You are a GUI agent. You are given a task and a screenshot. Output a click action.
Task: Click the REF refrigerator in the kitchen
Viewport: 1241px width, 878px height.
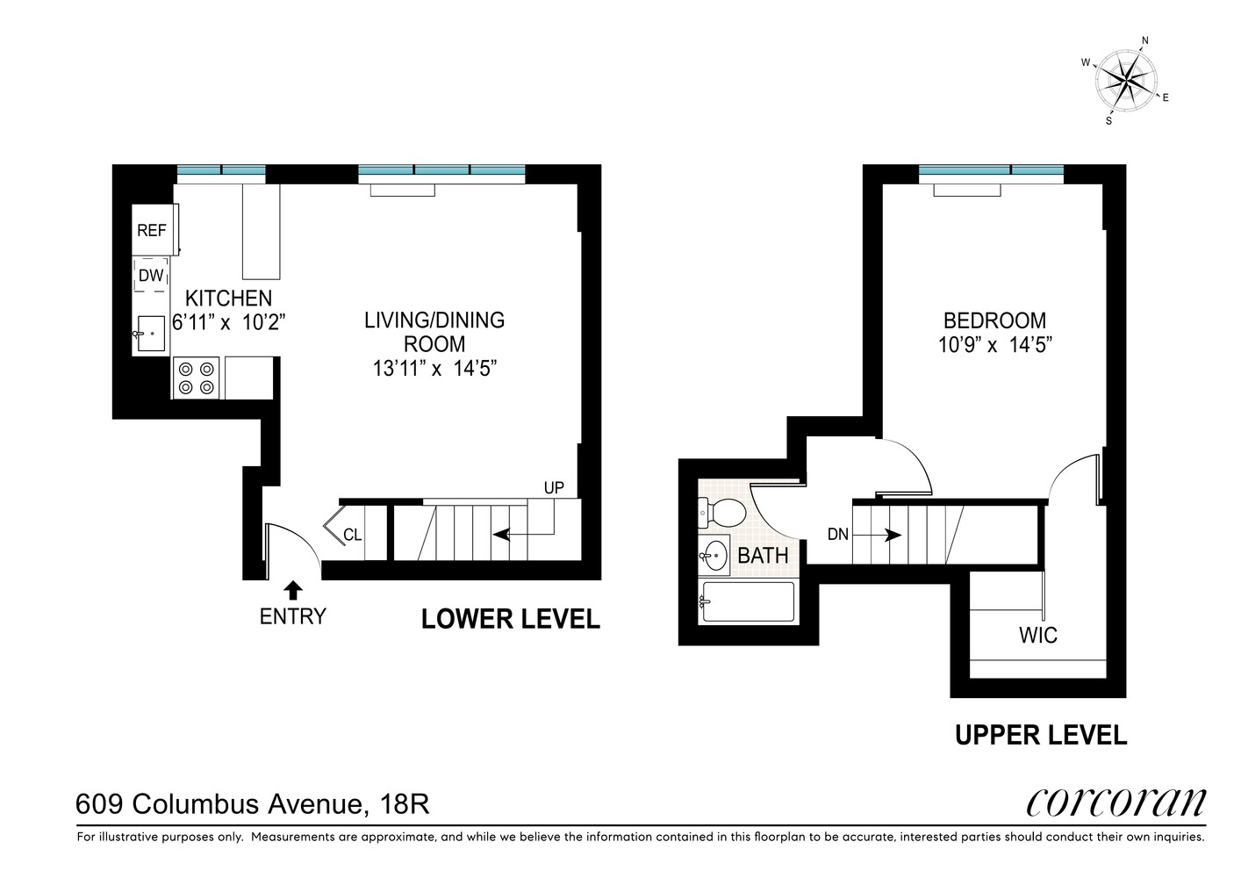tap(153, 230)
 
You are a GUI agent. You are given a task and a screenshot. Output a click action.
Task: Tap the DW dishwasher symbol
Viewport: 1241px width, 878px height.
tap(151, 276)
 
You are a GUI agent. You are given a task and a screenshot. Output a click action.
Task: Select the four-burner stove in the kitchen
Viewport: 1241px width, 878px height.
tap(197, 378)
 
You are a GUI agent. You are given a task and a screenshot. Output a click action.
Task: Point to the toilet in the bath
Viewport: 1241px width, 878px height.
tap(721, 512)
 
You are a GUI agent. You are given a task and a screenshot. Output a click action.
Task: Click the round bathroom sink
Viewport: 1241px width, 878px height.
tap(715, 555)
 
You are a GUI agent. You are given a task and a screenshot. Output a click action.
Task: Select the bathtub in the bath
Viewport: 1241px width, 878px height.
tap(747, 602)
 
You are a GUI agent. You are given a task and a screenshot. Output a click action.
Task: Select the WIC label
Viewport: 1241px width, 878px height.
tap(1037, 634)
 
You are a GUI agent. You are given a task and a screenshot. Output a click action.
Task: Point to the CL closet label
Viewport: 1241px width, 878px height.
tap(352, 534)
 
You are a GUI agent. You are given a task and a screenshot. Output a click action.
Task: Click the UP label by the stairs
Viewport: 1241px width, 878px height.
tap(553, 487)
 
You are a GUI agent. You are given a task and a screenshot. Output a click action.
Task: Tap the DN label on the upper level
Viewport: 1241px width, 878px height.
tap(837, 534)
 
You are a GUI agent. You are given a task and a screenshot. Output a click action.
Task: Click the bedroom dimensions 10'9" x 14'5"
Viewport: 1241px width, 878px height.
tap(994, 345)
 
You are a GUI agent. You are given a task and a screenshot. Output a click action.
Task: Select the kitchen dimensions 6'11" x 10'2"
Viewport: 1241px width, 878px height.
tap(229, 322)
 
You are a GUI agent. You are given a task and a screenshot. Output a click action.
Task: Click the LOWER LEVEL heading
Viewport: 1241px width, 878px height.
tap(510, 619)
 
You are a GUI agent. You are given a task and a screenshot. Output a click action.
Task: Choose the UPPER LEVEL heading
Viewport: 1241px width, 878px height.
tap(1040, 735)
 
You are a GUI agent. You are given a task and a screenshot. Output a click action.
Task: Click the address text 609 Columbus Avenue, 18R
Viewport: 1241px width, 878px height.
tap(253, 803)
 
